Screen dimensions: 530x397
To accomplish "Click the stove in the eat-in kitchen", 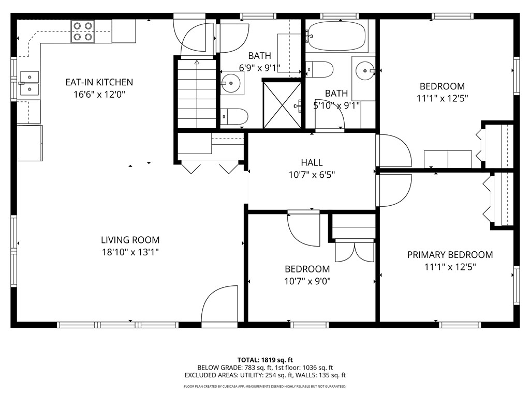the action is pyautogui.click(x=82, y=32).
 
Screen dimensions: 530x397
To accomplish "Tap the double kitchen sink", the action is pyautogui.click(x=29, y=83).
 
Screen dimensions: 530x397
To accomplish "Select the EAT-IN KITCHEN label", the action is pyautogui.click(x=99, y=82).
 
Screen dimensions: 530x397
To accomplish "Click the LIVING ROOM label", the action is pyautogui.click(x=130, y=240).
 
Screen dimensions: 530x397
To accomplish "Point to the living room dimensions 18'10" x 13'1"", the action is pyautogui.click(x=130, y=252).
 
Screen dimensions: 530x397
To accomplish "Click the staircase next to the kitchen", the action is pyautogui.click(x=197, y=94).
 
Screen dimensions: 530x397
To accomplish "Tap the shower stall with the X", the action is pyautogui.click(x=282, y=105).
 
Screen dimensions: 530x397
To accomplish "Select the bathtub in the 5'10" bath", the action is pyautogui.click(x=336, y=36).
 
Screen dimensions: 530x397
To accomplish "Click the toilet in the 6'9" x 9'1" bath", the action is pyautogui.click(x=235, y=116).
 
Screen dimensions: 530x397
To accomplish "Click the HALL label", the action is pyautogui.click(x=312, y=163).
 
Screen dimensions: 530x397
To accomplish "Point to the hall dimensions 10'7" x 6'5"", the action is pyautogui.click(x=312, y=175).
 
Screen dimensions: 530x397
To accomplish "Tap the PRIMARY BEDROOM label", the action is pyautogui.click(x=450, y=255).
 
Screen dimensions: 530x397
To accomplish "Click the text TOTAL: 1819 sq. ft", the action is pyautogui.click(x=265, y=360).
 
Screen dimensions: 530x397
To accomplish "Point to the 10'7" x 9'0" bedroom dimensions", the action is pyautogui.click(x=307, y=281).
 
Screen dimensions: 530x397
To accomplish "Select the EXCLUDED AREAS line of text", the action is pyautogui.click(x=265, y=375).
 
